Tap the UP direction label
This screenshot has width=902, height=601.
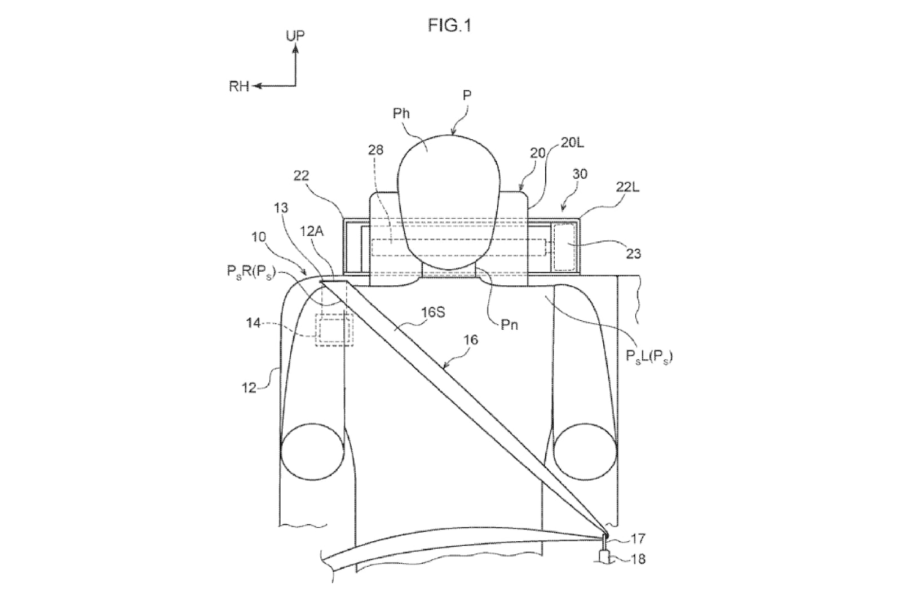(x=295, y=36)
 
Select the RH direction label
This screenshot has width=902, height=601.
(x=239, y=86)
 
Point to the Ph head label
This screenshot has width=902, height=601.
(x=401, y=113)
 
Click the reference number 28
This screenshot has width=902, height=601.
(x=375, y=150)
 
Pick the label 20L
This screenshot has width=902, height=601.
(x=572, y=143)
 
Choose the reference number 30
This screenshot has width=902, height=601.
(x=580, y=174)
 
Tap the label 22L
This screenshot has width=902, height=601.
(x=627, y=187)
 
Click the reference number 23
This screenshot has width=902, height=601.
(x=633, y=254)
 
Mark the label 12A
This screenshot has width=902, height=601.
(x=312, y=231)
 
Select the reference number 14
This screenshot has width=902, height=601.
(x=254, y=322)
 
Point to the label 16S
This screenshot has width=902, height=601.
(x=433, y=312)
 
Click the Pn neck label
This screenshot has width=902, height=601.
(x=510, y=325)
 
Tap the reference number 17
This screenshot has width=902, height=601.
(x=638, y=538)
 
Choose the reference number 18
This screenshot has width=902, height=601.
(x=638, y=559)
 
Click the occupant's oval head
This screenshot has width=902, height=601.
(x=449, y=201)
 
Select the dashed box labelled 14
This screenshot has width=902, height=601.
(x=334, y=330)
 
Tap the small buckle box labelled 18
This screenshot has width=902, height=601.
(x=605, y=556)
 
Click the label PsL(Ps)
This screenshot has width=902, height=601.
(x=649, y=356)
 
